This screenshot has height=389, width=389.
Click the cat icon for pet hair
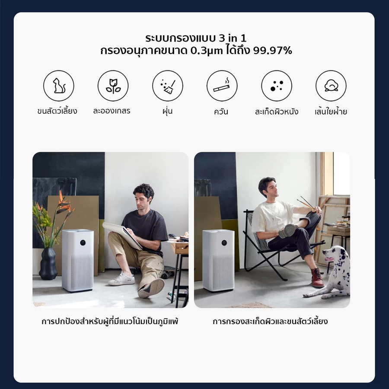point(58,86)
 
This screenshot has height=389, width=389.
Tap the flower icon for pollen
point(113,86)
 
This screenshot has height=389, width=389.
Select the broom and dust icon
point(167,86)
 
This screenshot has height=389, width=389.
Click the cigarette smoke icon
point(222,86)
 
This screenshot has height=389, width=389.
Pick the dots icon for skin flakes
point(276,86)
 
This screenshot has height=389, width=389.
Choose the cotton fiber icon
point(331,86)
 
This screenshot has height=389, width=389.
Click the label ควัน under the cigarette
point(221,112)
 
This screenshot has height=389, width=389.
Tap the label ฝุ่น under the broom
point(167,112)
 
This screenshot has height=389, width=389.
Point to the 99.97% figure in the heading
point(273,51)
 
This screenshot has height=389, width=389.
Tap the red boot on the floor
point(317,277)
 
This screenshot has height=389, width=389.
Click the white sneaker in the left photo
point(121,279)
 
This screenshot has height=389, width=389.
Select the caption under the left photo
point(110,322)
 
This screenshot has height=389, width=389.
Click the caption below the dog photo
point(270,322)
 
